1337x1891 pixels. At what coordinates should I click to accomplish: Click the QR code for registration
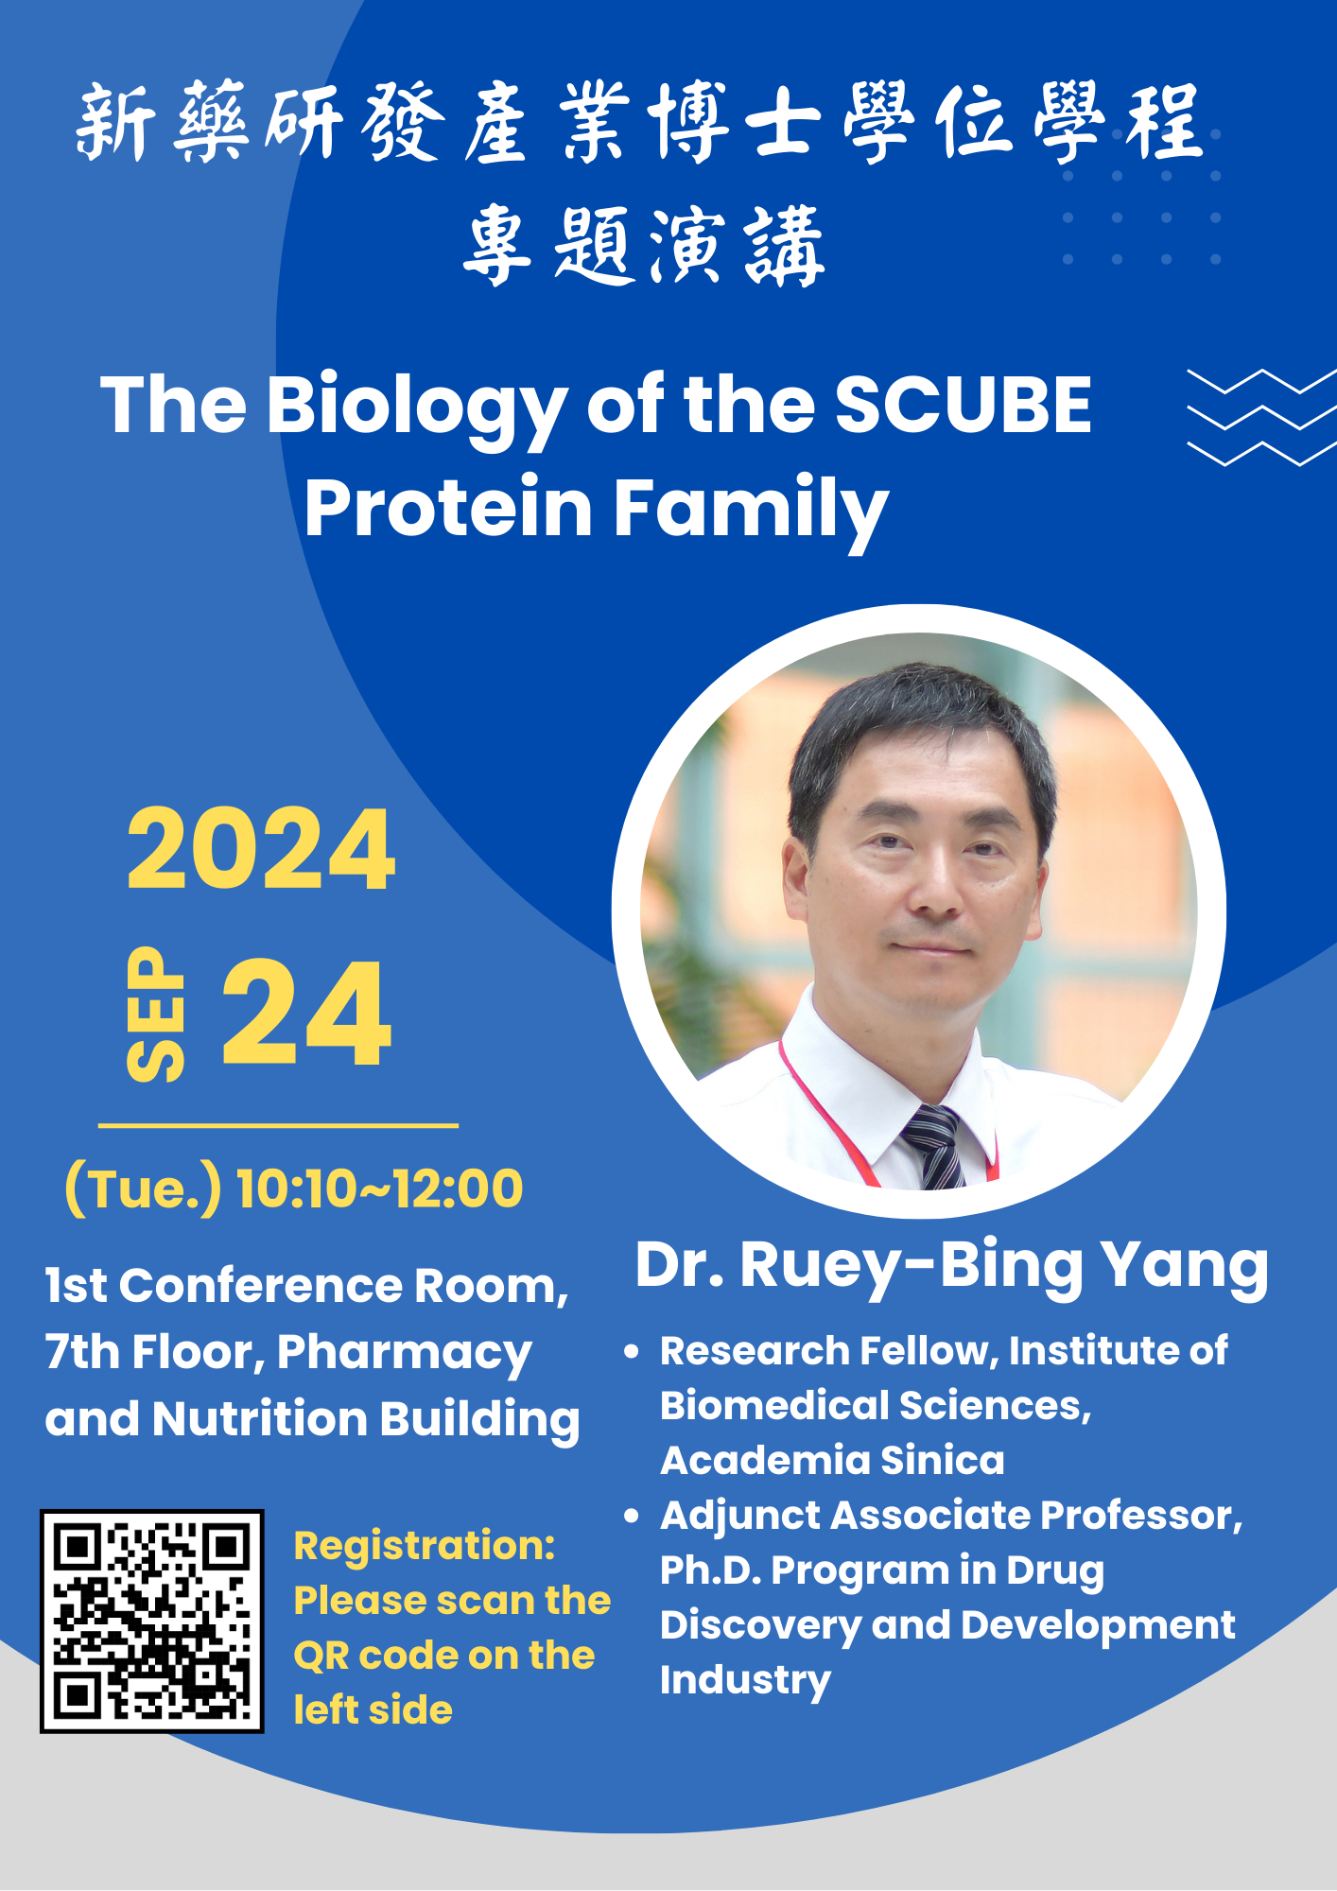(151, 1621)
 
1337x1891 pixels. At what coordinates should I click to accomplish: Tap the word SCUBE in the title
(963, 405)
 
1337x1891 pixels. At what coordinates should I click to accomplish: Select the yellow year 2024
(261, 849)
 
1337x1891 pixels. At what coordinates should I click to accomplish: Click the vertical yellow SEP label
(156, 1014)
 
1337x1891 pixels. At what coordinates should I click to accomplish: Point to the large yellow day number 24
(306, 1013)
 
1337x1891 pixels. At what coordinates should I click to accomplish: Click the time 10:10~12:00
(379, 1188)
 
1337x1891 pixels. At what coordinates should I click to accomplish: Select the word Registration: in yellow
(425, 1547)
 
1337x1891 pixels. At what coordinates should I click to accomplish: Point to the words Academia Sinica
(832, 1461)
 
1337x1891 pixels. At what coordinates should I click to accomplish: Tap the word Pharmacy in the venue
(405, 1354)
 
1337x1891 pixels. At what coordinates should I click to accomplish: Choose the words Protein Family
(597, 509)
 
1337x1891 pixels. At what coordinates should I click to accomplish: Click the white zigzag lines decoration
(1261, 418)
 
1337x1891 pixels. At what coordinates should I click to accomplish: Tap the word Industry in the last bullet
(745, 1681)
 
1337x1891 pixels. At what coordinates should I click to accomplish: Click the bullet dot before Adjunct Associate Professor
(632, 1516)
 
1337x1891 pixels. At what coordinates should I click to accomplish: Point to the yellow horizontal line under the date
(278, 1125)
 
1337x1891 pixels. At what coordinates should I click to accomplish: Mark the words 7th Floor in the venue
(154, 1352)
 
